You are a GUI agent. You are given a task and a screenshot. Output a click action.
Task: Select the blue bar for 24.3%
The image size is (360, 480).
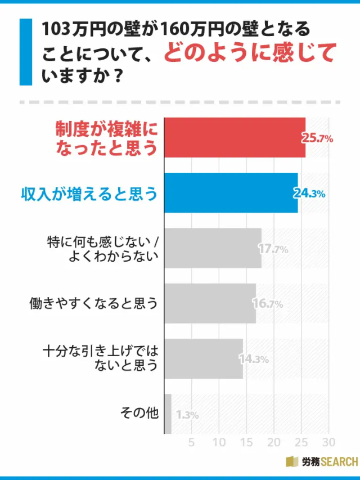click(231, 193)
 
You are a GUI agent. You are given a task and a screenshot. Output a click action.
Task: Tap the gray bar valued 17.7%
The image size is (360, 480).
click(213, 248)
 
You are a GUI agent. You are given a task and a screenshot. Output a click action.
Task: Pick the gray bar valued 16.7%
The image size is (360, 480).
click(210, 303)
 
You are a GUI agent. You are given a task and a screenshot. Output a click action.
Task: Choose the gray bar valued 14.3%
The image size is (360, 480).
click(203, 358)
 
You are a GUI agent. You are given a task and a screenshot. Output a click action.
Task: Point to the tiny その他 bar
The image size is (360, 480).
click(168, 414)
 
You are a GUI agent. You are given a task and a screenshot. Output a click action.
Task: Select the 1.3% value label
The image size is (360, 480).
click(187, 415)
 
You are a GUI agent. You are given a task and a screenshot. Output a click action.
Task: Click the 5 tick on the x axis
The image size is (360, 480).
click(191, 441)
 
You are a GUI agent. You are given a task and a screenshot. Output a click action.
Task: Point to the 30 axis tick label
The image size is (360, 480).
click(329, 441)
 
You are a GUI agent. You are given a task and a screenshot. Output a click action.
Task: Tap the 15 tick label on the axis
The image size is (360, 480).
click(246, 441)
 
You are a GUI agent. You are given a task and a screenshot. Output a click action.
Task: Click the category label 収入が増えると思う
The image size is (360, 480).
click(89, 193)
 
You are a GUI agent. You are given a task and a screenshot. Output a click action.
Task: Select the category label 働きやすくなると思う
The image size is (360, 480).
click(94, 303)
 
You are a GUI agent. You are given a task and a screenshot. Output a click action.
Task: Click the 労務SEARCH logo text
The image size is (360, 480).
click(329, 462)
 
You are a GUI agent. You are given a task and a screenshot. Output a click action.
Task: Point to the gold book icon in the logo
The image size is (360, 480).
click(292, 462)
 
